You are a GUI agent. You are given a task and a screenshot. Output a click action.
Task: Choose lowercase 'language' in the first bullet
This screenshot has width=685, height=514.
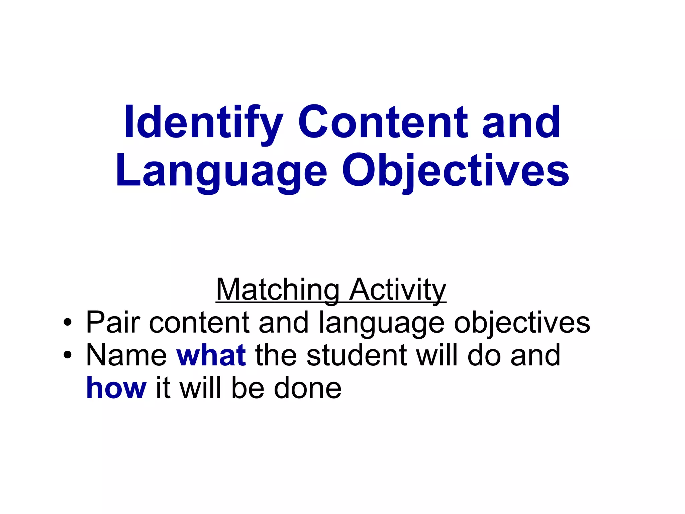pyautogui.click(x=381, y=323)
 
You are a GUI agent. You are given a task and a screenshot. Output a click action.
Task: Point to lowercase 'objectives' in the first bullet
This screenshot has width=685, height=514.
pyautogui.click(x=522, y=323)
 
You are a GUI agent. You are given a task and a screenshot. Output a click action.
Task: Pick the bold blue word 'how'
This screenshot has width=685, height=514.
pyautogui.click(x=116, y=388)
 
